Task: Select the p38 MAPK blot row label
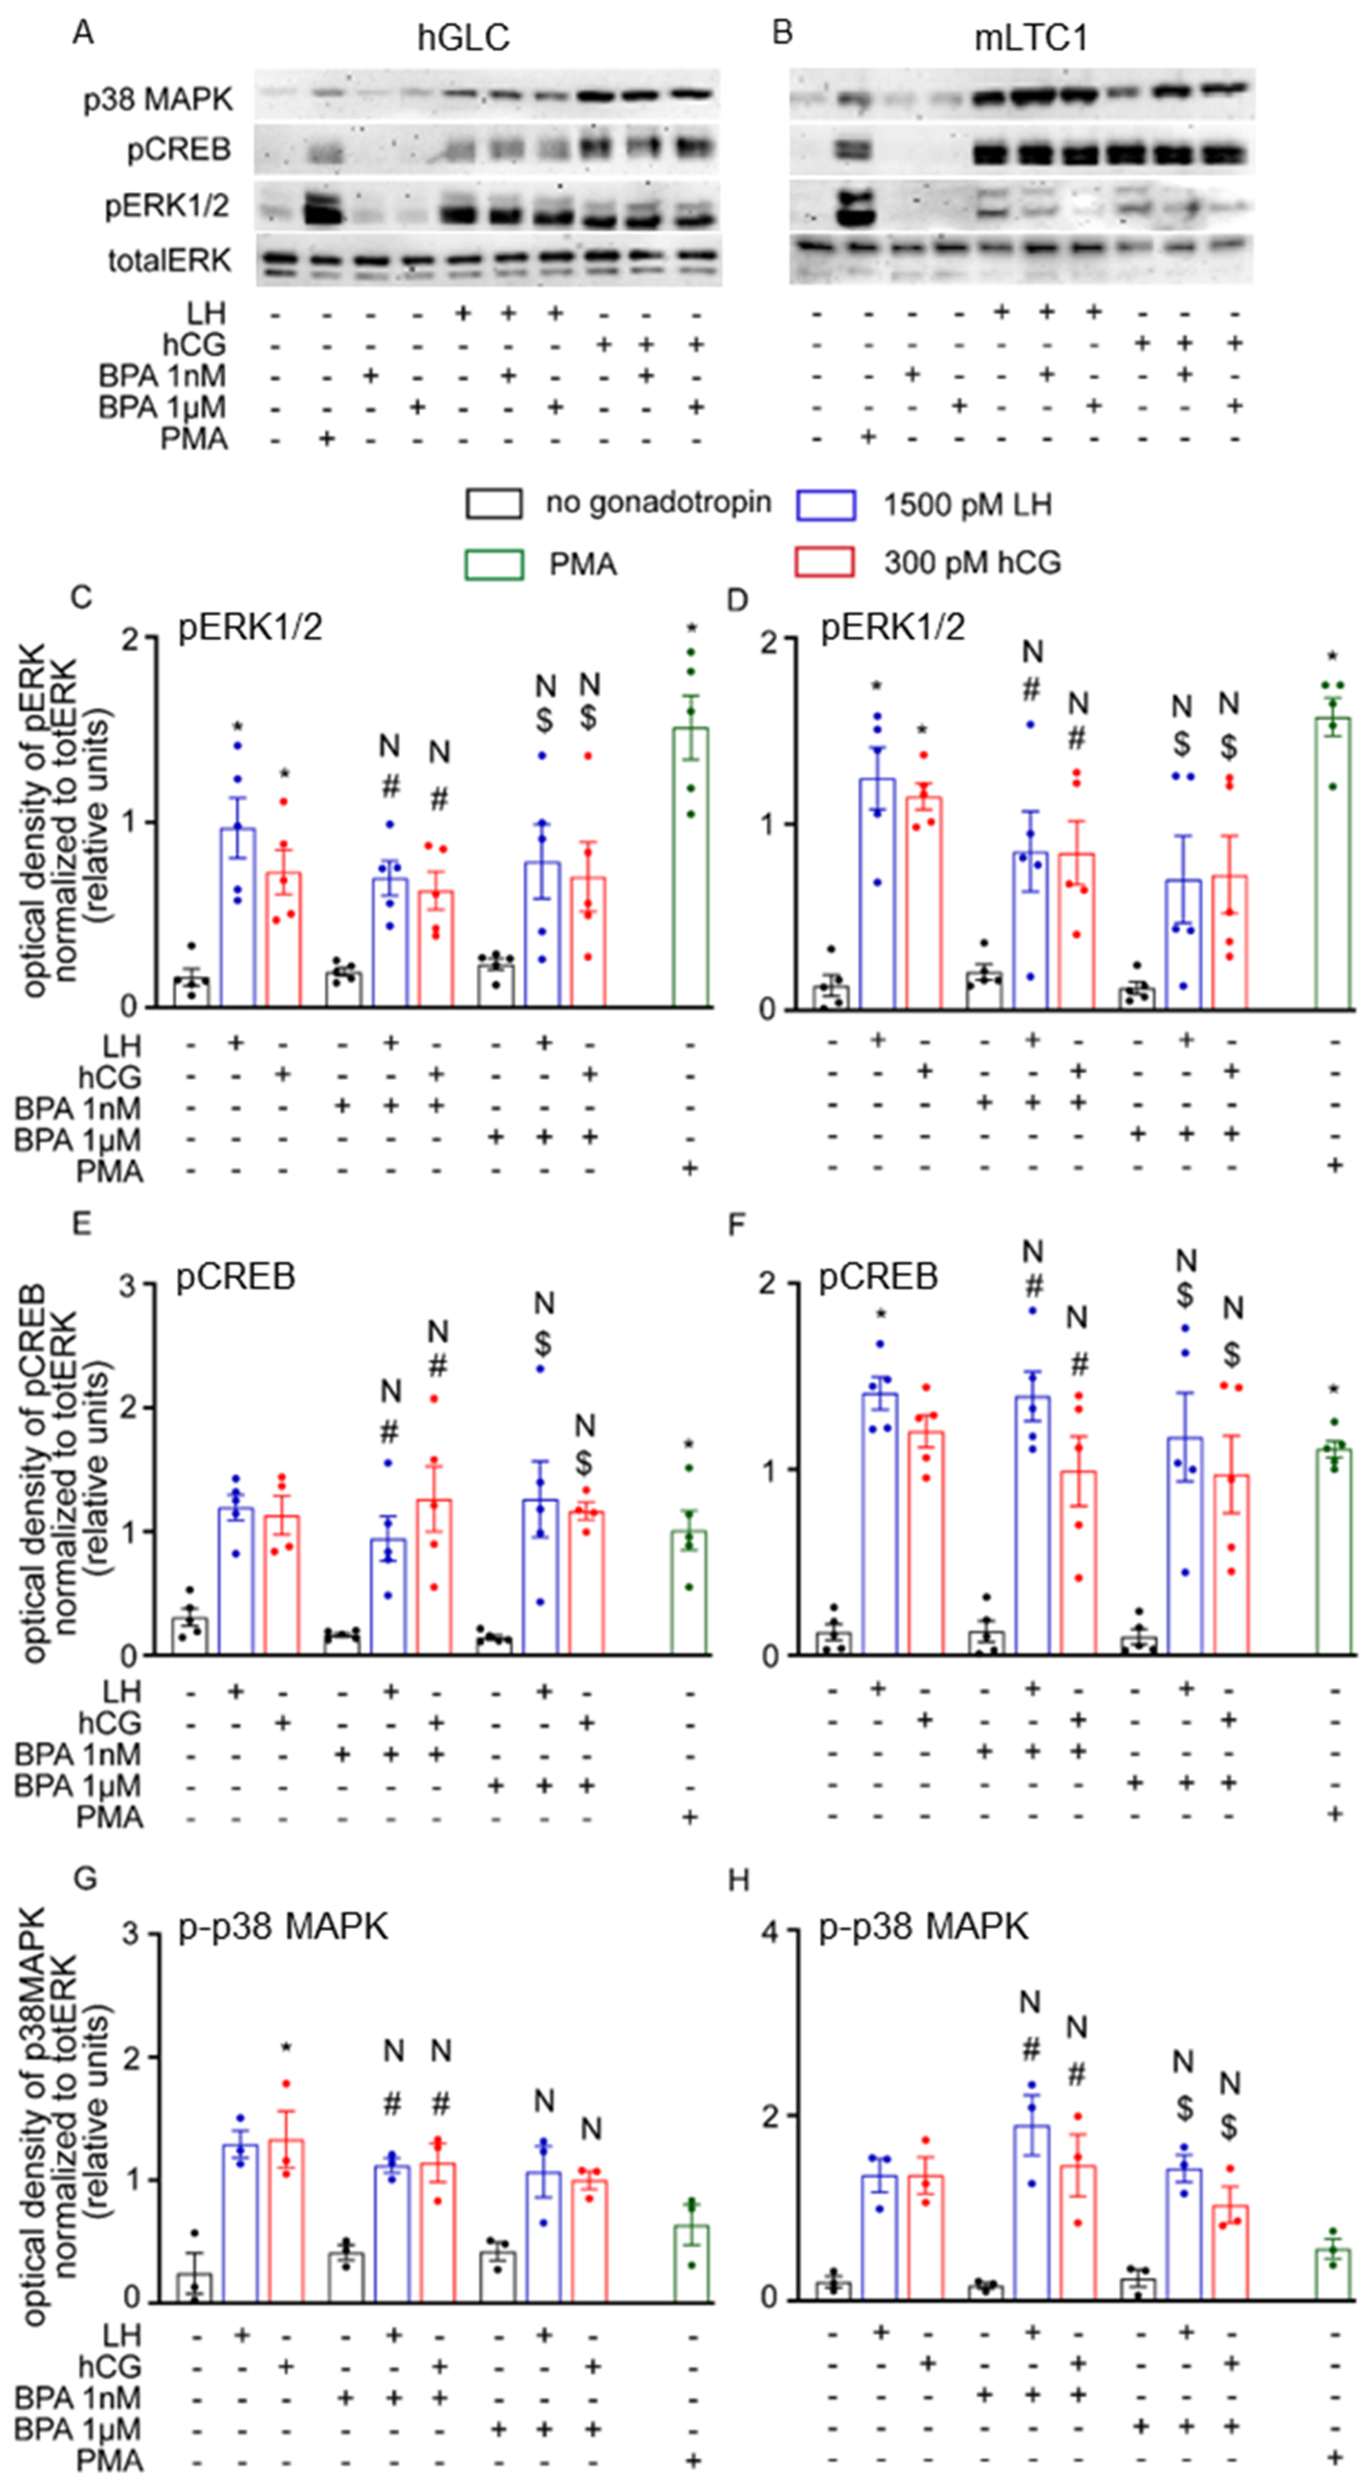pos(157,99)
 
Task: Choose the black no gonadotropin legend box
pos(494,503)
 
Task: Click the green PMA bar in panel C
pos(690,867)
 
